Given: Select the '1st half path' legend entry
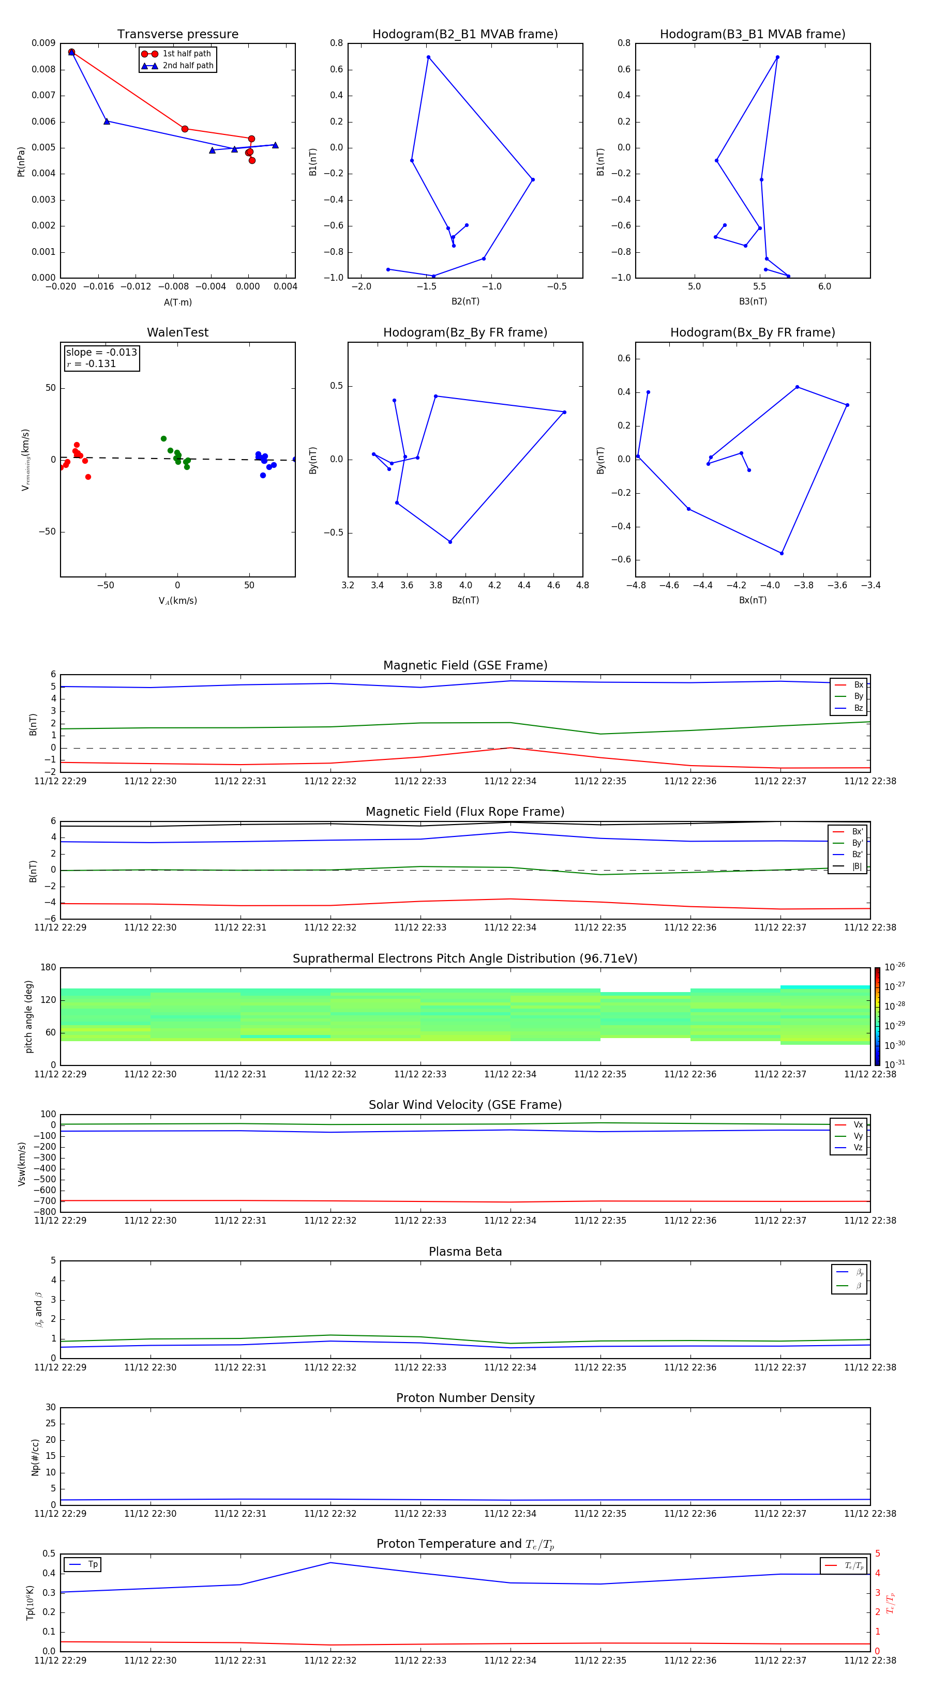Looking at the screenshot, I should [186, 54].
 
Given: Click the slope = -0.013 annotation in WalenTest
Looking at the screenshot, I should [101, 353].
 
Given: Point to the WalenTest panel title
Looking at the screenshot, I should [177, 332].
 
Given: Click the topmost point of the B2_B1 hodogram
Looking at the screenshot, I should [429, 57].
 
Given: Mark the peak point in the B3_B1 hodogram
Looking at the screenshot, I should [777, 57].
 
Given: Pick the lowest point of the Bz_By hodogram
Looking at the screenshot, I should [450, 542].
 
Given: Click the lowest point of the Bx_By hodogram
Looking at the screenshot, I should [782, 553].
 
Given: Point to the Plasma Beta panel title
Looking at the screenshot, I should [465, 1252].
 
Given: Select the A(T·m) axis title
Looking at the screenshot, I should [177, 302].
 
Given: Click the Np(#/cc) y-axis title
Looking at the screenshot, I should [35, 1457].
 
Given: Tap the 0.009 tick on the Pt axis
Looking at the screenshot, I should [43, 43].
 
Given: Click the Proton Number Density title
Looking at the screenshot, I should [465, 1398].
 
